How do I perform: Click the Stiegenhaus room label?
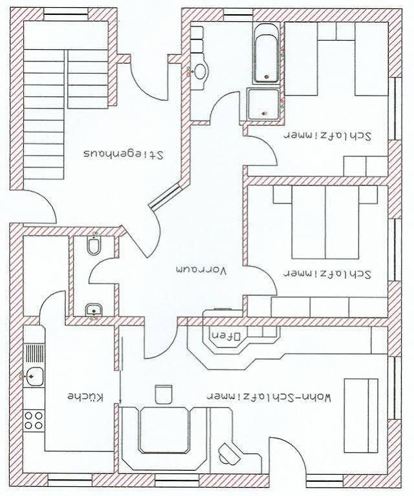point(124,154)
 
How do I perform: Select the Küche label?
point(85,396)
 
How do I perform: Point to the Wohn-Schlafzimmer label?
point(268,396)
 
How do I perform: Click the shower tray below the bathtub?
point(264,104)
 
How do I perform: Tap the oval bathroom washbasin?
point(200,72)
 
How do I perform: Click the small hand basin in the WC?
point(93,309)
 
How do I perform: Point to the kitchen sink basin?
point(34,376)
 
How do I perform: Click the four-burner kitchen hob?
point(34,420)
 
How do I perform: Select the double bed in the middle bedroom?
point(325,222)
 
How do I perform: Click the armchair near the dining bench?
point(164,394)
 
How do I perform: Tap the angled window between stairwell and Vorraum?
point(165,197)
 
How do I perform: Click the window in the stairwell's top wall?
point(66,14)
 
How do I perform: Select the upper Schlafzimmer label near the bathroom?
point(327,136)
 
